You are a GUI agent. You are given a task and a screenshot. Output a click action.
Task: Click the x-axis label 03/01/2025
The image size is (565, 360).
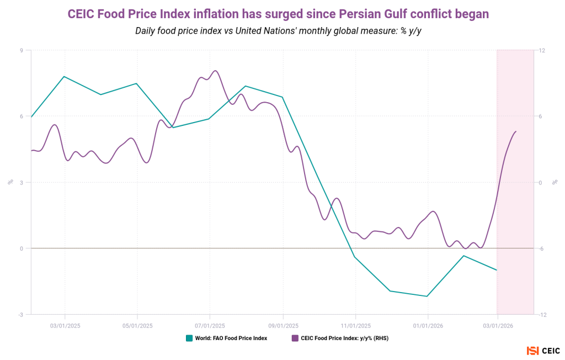(65, 326)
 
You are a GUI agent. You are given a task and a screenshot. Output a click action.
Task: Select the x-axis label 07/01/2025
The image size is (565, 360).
(210, 326)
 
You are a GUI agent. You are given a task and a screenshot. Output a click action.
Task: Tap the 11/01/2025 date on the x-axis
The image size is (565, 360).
(355, 326)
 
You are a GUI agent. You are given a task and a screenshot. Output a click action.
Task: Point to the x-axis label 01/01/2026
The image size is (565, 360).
(428, 326)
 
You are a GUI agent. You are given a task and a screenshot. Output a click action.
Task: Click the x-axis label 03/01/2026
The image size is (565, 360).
(498, 326)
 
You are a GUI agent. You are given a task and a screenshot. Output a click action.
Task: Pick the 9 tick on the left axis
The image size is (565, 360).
(22, 50)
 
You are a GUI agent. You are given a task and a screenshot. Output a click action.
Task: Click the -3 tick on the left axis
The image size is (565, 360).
(21, 315)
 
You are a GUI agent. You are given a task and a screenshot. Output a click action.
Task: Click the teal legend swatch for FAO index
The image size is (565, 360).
(189, 338)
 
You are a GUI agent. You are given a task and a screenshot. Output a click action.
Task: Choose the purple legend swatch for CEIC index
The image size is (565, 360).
(295, 338)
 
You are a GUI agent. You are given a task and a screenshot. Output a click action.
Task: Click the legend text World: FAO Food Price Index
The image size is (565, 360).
(231, 338)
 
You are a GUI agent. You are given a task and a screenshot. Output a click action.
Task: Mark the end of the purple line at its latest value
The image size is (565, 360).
(516, 131)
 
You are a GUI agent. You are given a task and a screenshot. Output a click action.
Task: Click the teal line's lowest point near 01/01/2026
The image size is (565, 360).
(428, 297)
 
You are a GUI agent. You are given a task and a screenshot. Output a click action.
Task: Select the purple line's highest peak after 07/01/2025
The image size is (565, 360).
(215, 71)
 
